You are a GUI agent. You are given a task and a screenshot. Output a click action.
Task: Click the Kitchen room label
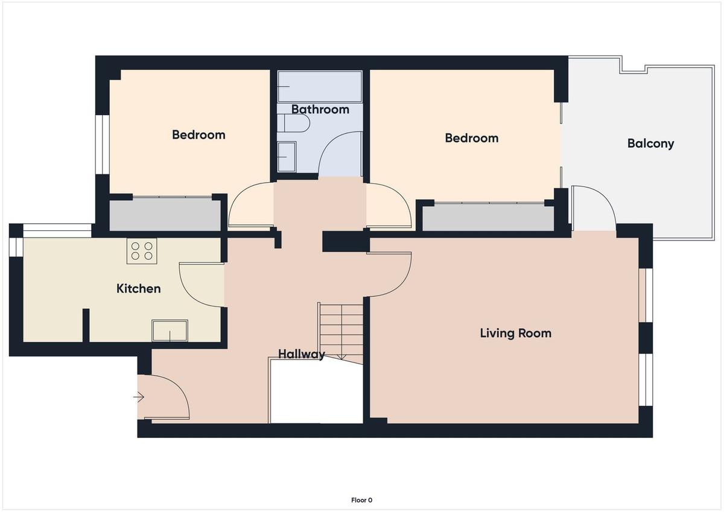point(138,288)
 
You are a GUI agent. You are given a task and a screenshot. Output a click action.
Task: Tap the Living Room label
point(515,333)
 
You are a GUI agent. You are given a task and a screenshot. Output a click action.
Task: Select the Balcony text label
point(650,144)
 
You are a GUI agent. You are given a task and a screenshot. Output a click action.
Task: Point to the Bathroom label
point(320,110)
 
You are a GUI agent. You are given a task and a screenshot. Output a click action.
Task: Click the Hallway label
point(301,355)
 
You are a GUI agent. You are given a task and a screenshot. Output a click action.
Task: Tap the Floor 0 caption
point(361,500)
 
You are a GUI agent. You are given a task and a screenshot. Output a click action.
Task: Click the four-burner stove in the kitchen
point(142,251)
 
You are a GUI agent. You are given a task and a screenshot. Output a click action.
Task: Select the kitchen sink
point(170,330)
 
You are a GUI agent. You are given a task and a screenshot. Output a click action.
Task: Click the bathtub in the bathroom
point(320,86)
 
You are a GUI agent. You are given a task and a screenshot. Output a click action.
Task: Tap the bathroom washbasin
point(287,157)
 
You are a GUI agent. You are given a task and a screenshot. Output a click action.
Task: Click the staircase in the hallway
point(341,333)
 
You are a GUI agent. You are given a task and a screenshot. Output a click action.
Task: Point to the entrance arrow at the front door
point(139,397)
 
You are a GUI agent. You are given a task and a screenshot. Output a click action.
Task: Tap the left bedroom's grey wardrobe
point(165,215)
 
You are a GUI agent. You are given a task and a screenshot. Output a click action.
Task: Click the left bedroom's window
point(103,144)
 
